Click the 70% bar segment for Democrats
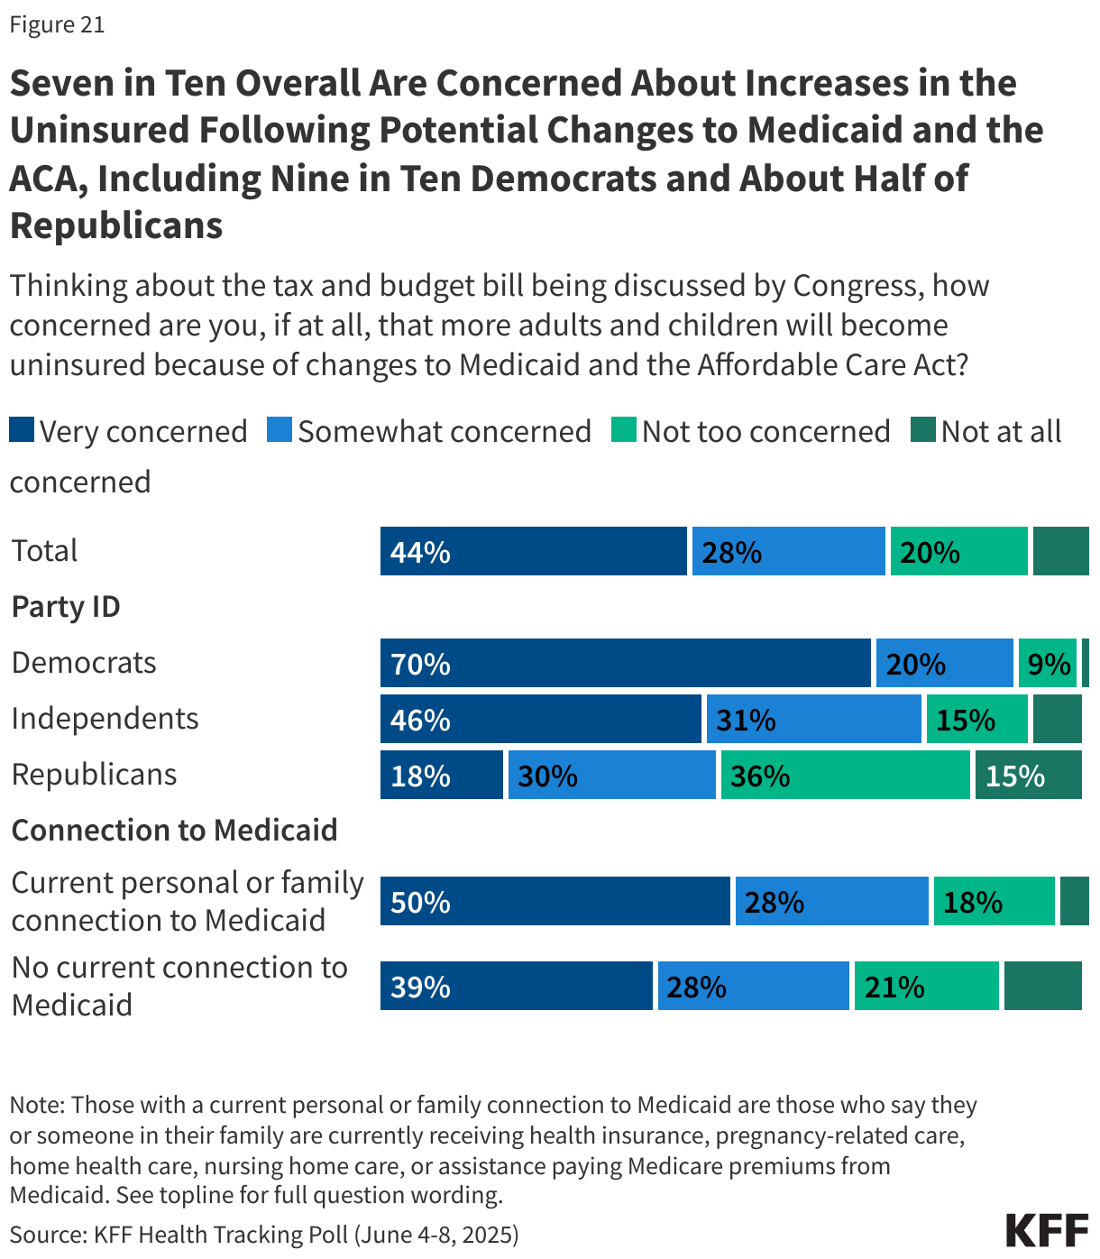(625, 663)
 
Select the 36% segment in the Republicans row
(845, 775)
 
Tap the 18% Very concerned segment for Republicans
(441, 775)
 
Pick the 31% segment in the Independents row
(813, 719)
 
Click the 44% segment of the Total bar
(533, 551)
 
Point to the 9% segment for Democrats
(1047, 663)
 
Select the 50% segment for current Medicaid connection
(555, 901)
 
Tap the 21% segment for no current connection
(926, 986)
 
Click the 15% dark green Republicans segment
(1028, 775)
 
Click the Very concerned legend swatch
(22, 429)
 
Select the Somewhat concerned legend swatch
(280, 429)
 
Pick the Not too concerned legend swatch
(623, 429)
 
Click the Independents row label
(105, 719)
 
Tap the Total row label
(44, 551)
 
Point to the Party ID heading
(66, 607)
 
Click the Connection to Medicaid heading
(174, 830)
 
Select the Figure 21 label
(57, 24)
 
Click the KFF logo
(1047, 1230)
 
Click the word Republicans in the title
(116, 225)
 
